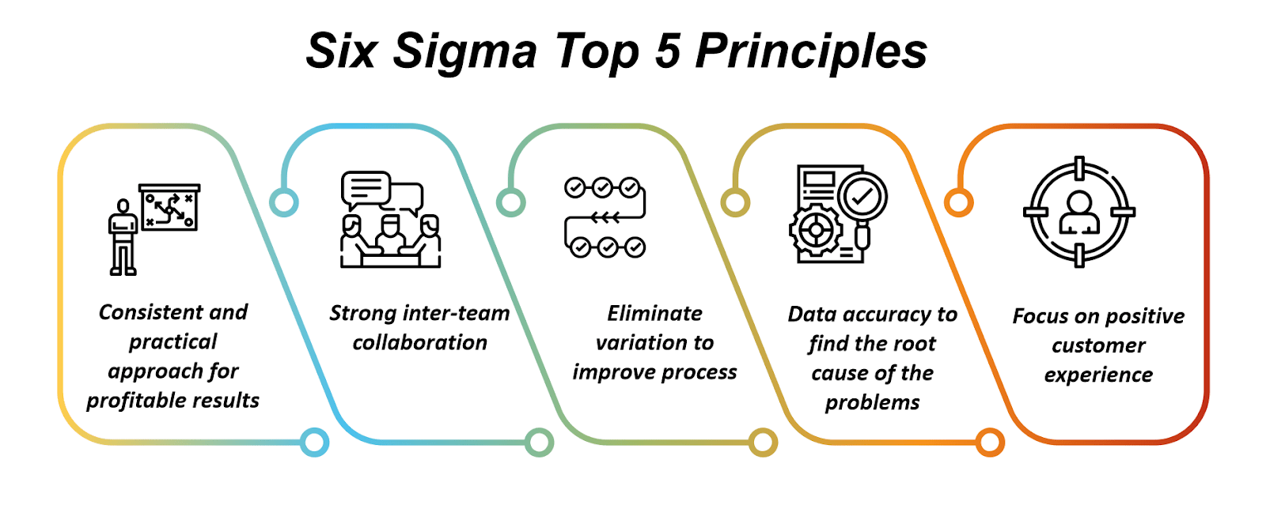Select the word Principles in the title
(x=811, y=52)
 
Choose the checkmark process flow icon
(x=605, y=217)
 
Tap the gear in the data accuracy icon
(x=815, y=230)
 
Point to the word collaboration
(x=419, y=343)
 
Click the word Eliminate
(x=654, y=314)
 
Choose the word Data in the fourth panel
(x=813, y=315)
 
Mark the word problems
(x=872, y=403)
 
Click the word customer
(x=1098, y=346)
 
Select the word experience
(x=1098, y=375)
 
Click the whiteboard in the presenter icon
(x=169, y=208)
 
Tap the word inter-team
(x=456, y=314)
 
